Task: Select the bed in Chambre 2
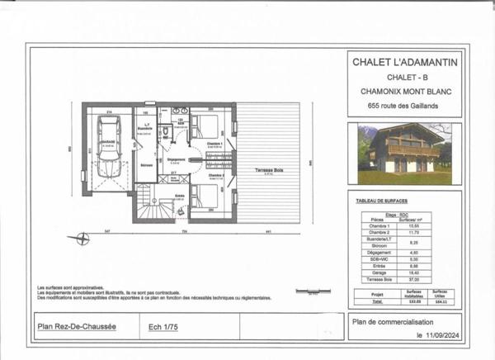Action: click(x=205, y=196)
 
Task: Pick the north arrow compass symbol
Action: click(x=81, y=239)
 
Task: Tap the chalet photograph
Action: click(x=404, y=154)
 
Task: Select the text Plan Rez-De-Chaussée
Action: click(x=78, y=326)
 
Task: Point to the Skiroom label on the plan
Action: click(x=145, y=165)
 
